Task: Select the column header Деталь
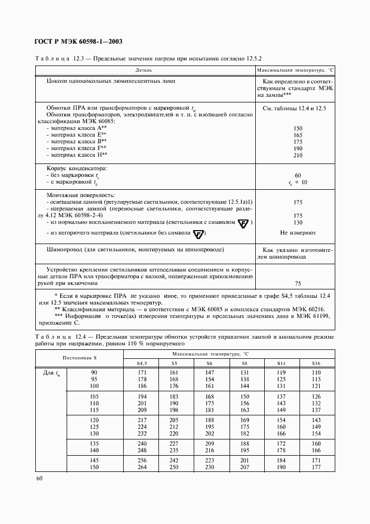point(143,71)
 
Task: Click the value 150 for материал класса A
point(297,128)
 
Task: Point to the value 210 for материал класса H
point(297,155)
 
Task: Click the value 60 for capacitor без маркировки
point(297,175)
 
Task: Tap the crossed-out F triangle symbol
point(199,233)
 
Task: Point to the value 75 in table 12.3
point(297,283)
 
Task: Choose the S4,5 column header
point(142,364)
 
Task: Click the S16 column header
point(316,364)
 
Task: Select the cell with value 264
point(142,467)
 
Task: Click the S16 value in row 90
point(316,372)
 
